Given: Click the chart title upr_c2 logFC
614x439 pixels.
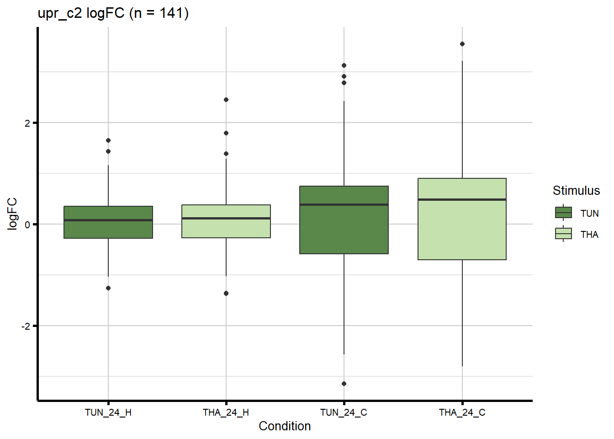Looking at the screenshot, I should pos(113,13).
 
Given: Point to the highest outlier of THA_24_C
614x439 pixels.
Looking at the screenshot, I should pos(462,44).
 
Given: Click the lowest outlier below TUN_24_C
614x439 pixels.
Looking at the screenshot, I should pos(344,384).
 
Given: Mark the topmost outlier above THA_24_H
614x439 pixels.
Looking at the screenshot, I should pos(226,100).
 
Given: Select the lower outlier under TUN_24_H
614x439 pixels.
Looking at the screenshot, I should pos(108,288).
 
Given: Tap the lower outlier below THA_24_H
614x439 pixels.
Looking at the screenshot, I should pos(226,293).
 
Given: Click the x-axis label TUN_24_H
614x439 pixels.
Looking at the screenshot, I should pos(108,412).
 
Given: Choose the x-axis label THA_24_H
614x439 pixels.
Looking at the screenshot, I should pos(226,412).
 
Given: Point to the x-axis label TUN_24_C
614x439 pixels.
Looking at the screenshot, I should pos(344,412).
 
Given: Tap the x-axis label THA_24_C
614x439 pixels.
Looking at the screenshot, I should pos(462,412).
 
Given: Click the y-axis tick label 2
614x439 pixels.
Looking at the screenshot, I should pos(27,123).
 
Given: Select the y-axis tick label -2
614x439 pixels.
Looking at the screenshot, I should pos(26,326).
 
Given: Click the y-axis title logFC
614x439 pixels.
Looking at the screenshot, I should pos(12,214).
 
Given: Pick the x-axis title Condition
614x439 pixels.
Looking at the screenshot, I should pos(285,426).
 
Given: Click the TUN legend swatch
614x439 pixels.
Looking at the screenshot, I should pos(563,213).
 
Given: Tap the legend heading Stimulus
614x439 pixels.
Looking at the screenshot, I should pos(576,191).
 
